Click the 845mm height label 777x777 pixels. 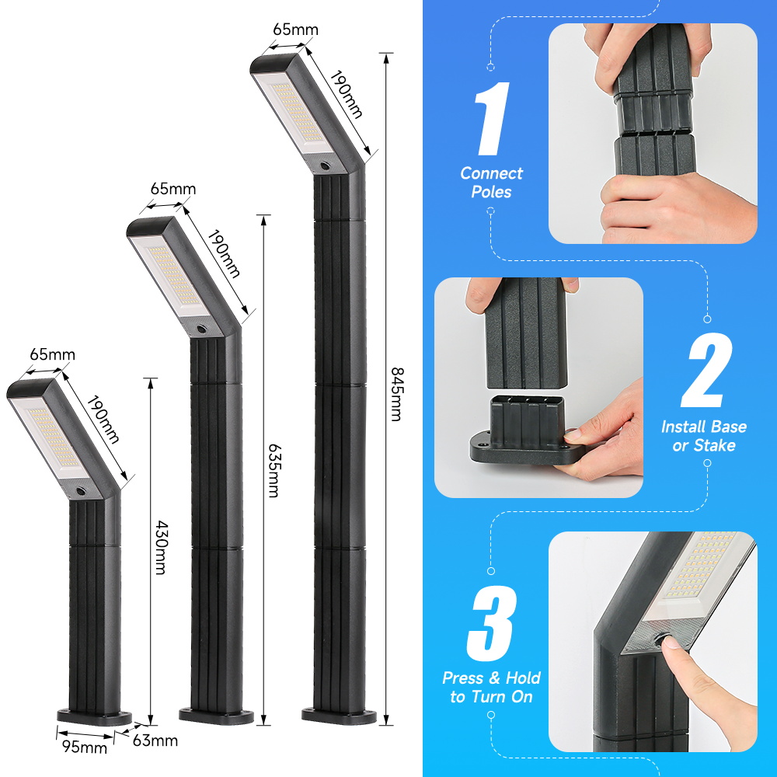(x=397, y=395)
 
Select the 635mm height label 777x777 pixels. (x=274, y=470)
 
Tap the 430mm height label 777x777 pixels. (x=161, y=547)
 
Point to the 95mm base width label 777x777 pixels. (x=85, y=746)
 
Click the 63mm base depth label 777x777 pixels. (x=155, y=740)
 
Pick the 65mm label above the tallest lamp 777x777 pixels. (x=296, y=30)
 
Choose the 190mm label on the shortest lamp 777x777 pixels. (x=103, y=420)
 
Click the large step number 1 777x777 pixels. (x=492, y=119)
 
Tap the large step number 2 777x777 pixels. (x=707, y=370)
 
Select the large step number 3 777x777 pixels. (x=491, y=623)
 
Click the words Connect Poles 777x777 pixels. (x=491, y=183)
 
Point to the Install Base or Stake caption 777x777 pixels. (x=704, y=436)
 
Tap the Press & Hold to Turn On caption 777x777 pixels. (x=491, y=688)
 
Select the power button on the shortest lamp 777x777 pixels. (x=80, y=491)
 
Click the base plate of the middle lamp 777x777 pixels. (x=216, y=716)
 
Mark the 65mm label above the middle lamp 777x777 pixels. (x=173, y=189)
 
